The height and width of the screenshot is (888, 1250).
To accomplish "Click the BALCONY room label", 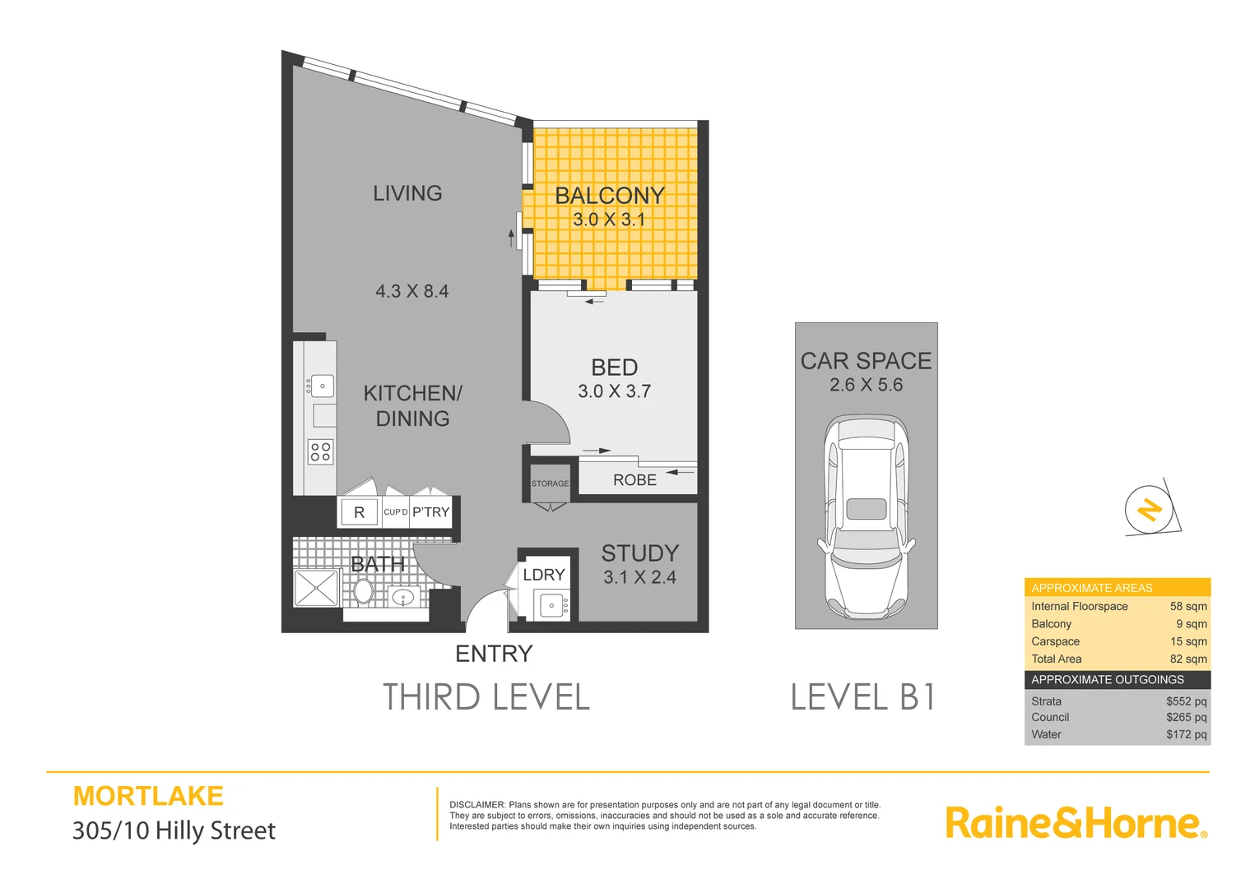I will point(610,196).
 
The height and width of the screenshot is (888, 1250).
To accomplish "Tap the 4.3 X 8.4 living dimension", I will point(412,291).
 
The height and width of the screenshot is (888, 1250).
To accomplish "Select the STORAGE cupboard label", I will point(550,483).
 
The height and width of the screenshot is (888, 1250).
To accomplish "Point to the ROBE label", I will point(634,480).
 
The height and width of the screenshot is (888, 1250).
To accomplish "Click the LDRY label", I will point(544,575).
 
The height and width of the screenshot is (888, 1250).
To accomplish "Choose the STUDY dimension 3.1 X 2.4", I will point(640,577).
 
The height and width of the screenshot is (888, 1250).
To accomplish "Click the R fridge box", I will point(359,512).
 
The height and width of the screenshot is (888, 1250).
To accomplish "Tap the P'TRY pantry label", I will point(431,512).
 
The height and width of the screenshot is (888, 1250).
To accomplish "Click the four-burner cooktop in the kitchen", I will point(320,451).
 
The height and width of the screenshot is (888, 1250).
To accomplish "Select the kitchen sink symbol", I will point(322,385).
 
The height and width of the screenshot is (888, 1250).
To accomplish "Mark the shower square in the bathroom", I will point(316,588).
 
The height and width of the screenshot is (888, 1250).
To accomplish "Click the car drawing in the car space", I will point(866,518).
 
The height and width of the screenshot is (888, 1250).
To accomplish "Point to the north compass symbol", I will point(1150,509).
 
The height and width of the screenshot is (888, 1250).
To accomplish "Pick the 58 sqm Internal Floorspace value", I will point(1188,606).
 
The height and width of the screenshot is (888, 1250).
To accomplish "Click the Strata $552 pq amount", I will point(1186,701).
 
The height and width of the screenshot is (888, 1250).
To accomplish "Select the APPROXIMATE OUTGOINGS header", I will point(1107,680).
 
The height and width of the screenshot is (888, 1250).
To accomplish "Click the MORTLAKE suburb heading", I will point(148,796).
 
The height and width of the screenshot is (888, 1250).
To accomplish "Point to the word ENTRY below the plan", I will point(494,654).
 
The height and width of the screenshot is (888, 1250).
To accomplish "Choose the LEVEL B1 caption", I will point(862,697).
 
